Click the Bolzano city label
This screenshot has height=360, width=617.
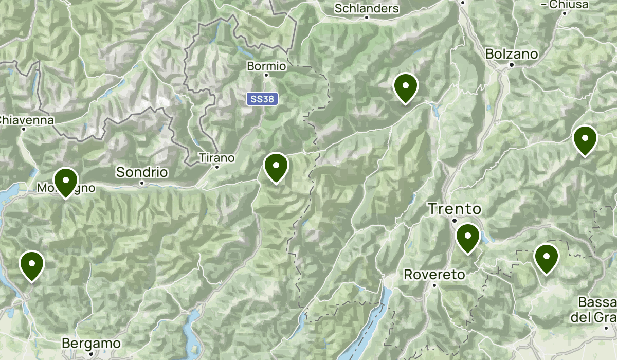tap(512, 54)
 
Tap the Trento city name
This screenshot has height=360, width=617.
tap(455, 209)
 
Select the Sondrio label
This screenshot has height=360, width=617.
tap(142, 172)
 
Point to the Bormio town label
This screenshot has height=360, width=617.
tap(266, 66)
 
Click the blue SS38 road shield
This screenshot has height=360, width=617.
tap(262, 99)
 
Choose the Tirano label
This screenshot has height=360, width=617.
tap(216, 157)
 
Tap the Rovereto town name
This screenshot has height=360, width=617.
tap(434, 275)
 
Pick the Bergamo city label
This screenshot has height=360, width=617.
tap(91, 343)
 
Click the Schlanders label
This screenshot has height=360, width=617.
tap(367, 8)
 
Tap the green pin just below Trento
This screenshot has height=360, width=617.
tap(468, 239)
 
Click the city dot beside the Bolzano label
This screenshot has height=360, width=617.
tap(512, 65)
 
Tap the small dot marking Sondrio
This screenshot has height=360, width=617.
tap(141, 182)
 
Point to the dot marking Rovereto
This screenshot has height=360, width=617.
tap(434, 284)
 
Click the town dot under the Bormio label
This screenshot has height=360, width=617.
tap(266, 75)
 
